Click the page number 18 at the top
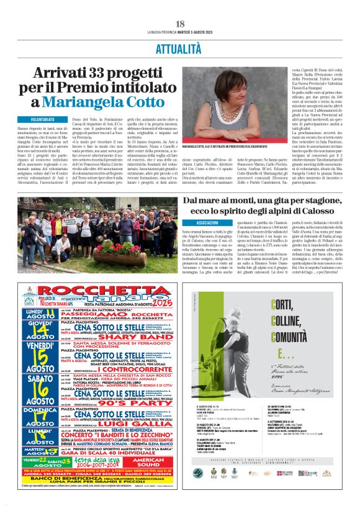(x=180, y=24)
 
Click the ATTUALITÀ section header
(x=180, y=47)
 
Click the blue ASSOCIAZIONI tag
(x=207, y=222)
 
